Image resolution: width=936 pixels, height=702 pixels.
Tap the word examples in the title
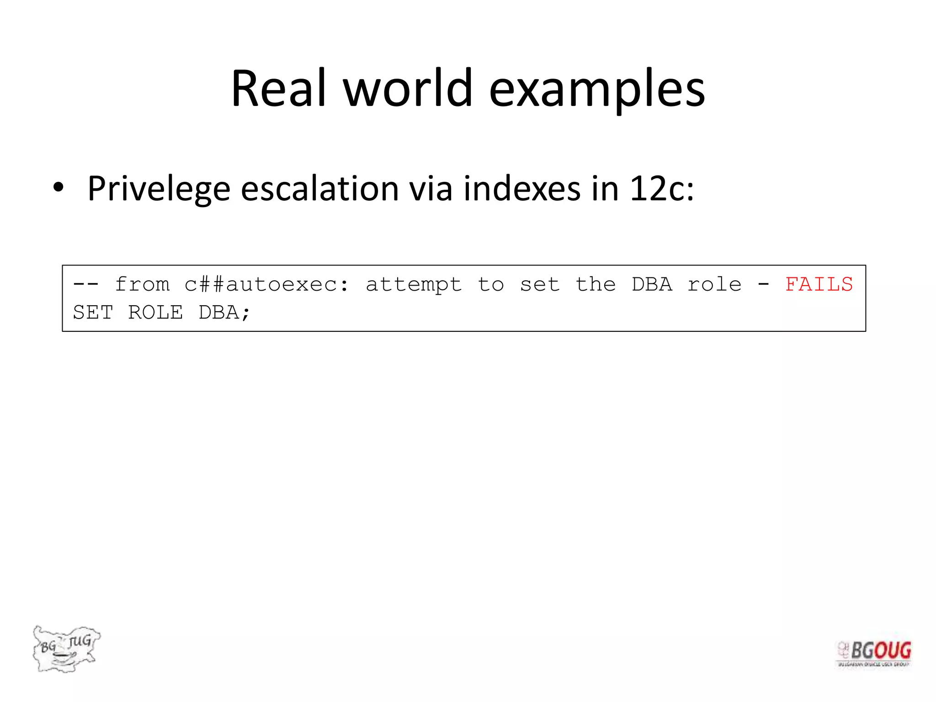click(x=597, y=90)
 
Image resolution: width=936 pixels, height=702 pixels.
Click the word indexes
click(x=521, y=188)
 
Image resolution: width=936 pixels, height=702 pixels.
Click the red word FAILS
click(x=819, y=284)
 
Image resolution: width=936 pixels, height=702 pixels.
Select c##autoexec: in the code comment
click(x=267, y=284)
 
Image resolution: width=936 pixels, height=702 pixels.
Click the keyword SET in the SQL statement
click(x=93, y=313)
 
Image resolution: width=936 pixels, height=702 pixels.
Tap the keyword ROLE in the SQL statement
click(x=155, y=313)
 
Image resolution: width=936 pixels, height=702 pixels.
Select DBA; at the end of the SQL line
click(x=224, y=313)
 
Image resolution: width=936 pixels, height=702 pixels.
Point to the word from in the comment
click(x=142, y=284)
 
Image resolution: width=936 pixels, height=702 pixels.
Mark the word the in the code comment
click(x=596, y=284)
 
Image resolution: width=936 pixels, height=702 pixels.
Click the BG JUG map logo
click(x=66, y=649)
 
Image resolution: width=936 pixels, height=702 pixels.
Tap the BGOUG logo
click(x=874, y=653)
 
